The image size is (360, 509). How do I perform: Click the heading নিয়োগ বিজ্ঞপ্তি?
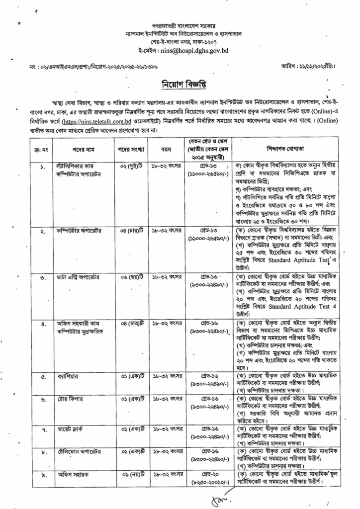coord(180,82)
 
